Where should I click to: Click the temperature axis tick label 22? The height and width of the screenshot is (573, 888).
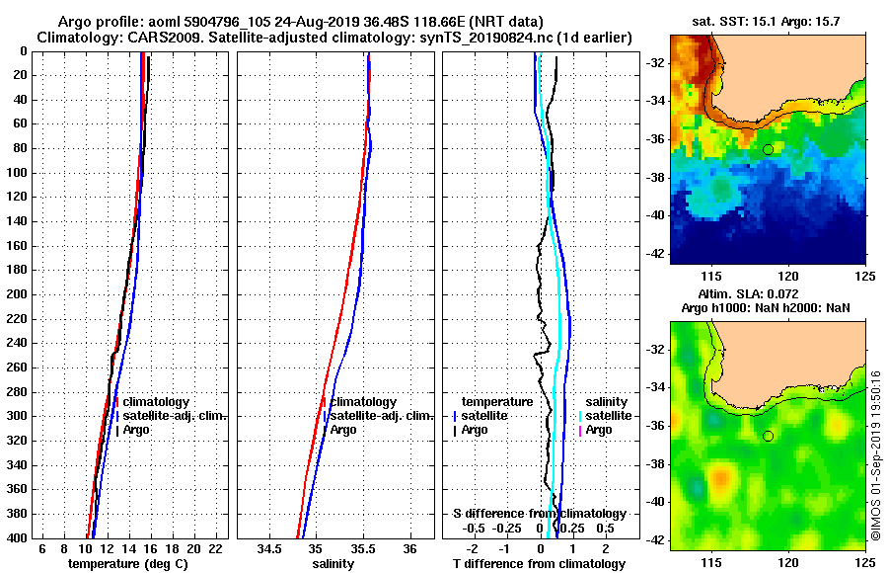[x=214, y=548]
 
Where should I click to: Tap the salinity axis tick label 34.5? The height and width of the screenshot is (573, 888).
[x=268, y=548]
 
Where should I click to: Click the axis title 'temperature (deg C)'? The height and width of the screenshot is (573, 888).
[x=127, y=563]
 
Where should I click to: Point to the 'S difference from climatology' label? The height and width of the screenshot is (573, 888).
[x=540, y=514]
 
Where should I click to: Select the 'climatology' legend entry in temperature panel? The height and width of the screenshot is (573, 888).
[x=155, y=402]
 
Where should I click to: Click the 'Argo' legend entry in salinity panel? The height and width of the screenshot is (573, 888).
[x=343, y=430]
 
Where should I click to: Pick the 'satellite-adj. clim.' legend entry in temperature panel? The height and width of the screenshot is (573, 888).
[x=174, y=416]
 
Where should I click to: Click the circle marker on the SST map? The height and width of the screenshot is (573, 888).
[x=768, y=149]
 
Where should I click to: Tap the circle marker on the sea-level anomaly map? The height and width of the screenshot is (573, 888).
[x=768, y=436]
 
